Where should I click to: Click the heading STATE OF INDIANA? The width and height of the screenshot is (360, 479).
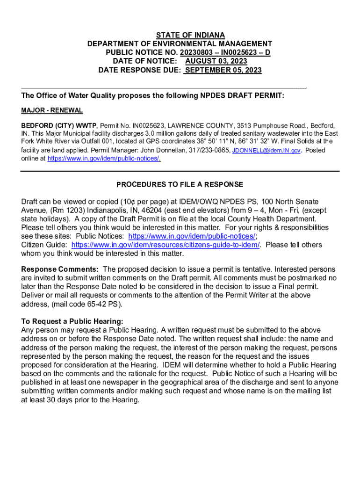pos(190,35)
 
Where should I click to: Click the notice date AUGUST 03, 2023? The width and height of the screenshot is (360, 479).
pos(216,61)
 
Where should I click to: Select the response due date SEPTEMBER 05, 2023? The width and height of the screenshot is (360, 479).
pos(223,70)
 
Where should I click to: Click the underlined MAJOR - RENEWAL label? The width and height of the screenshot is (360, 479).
pos(52,110)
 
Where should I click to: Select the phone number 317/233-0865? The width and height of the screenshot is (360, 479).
pos(211,151)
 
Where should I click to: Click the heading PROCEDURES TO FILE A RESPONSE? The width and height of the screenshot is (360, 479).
pos(180,184)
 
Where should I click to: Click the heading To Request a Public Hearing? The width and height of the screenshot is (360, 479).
pos(72,321)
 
